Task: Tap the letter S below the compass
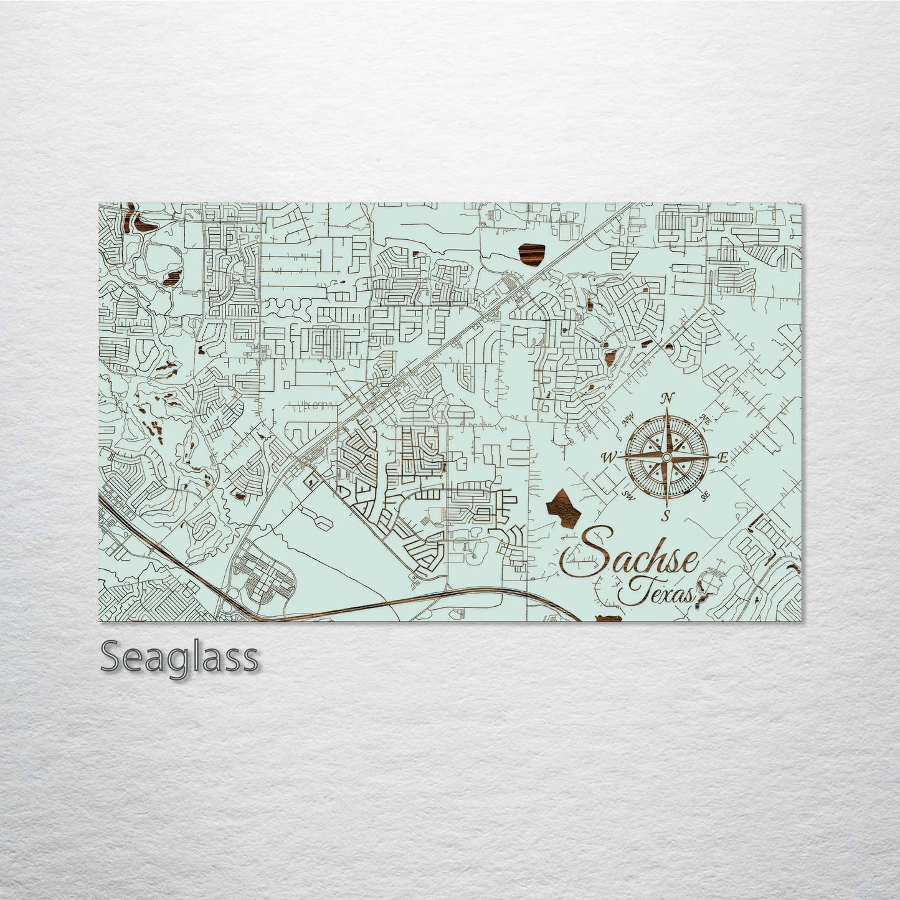pos(666,515)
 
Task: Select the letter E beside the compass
pos(722,458)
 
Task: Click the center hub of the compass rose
pos(666,458)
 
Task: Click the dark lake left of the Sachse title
pos(563,509)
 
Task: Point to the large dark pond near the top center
pos(531,253)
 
